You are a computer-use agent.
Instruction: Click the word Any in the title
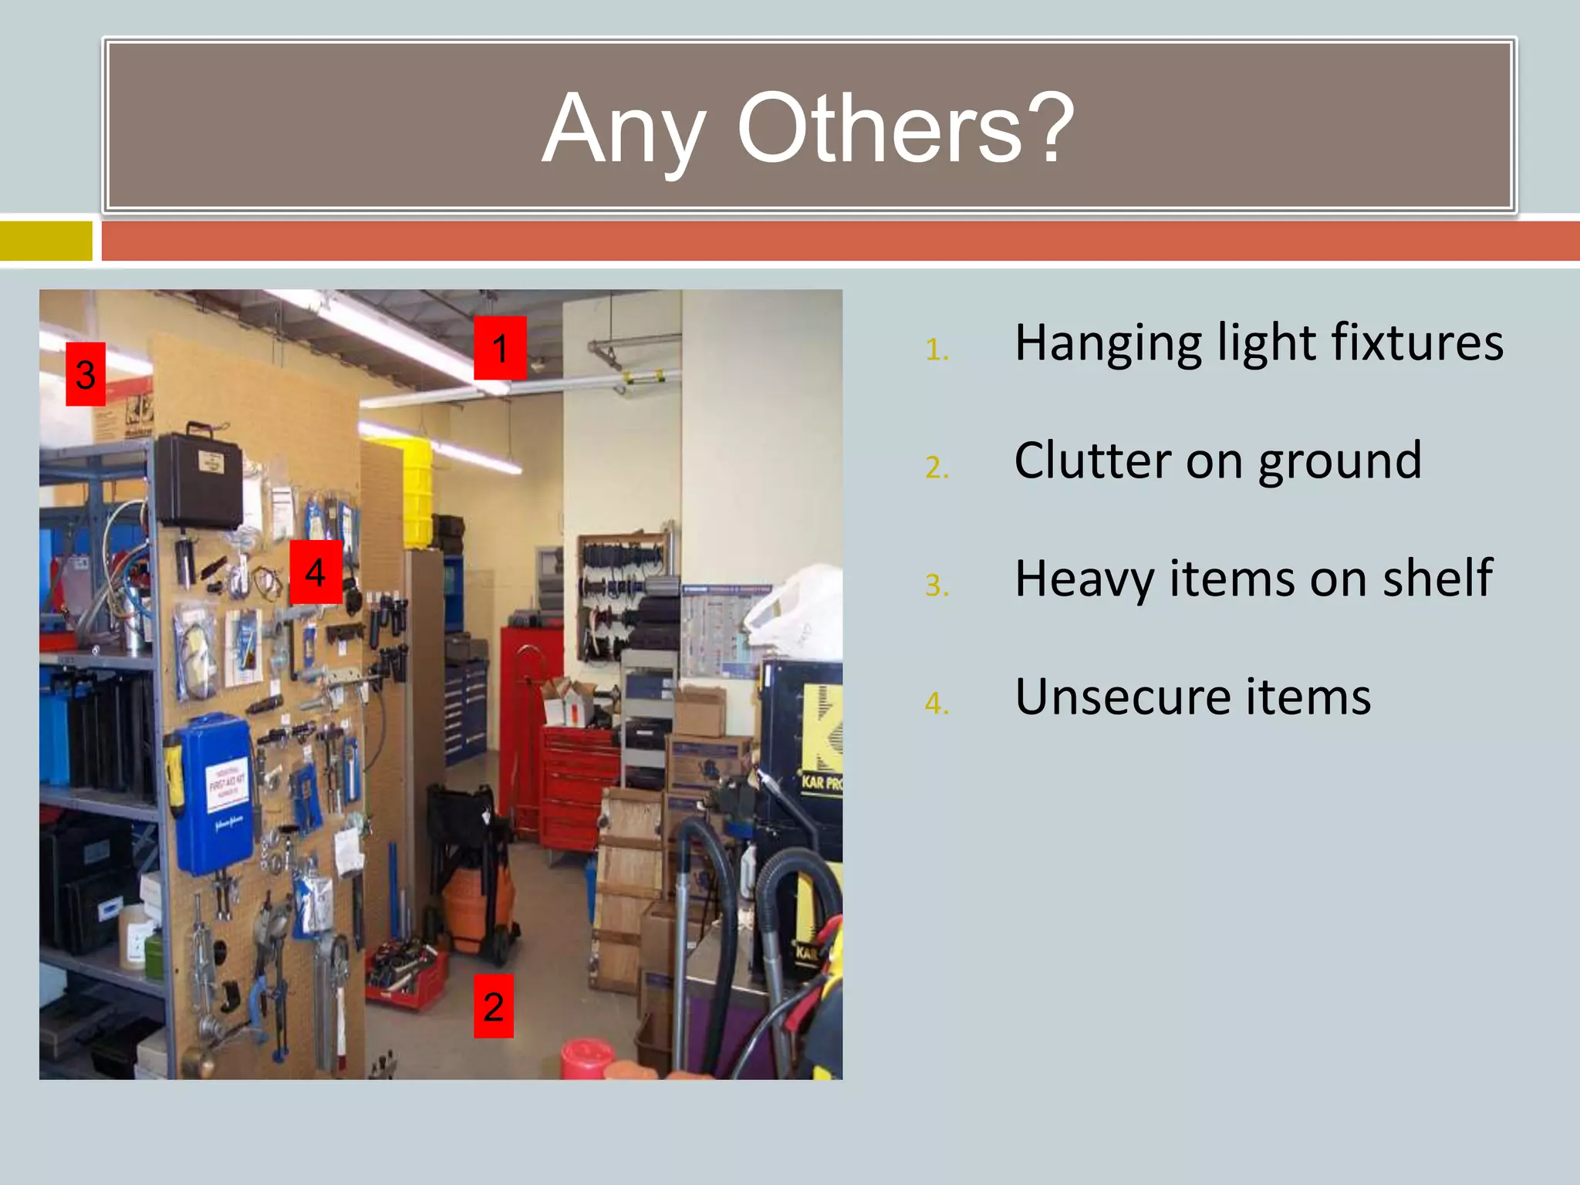[x=623, y=130]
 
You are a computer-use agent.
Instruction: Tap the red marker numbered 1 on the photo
[x=500, y=348]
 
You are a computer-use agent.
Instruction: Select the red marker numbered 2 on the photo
[x=494, y=1006]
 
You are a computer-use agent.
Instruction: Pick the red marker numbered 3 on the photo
[x=86, y=374]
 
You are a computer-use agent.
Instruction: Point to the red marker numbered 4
[x=316, y=572]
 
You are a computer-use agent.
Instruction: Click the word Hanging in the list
[x=1108, y=343]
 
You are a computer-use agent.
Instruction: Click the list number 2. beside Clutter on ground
[x=937, y=468]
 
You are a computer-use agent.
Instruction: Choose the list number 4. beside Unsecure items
[x=937, y=704]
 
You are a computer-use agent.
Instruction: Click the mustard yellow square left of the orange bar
[x=46, y=241]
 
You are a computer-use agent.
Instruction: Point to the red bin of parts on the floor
[x=405, y=976]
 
